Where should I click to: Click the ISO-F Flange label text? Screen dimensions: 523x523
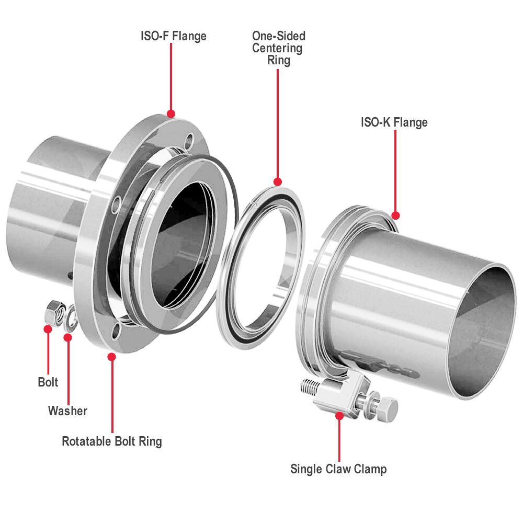click(x=173, y=36)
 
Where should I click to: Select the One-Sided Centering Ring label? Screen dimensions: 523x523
click(x=278, y=48)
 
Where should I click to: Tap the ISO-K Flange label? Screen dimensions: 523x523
click(x=394, y=122)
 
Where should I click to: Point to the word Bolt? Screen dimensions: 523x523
click(x=48, y=382)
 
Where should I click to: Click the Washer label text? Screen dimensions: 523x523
click(x=67, y=411)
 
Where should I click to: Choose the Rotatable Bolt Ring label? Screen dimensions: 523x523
click(x=112, y=441)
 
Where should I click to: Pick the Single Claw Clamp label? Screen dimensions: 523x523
click(x=338, y=469)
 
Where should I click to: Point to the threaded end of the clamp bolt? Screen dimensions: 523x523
click(x=309, y=388)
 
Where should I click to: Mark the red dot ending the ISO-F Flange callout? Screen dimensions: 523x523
click(x=170, y=113)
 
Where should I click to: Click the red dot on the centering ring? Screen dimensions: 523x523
click(x=277, y=182)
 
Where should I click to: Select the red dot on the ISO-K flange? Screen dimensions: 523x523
click(x=395, y=215)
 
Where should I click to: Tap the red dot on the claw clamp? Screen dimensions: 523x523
click(x=339, y=416)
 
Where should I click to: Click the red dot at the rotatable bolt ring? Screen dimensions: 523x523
click(x=111, y=357)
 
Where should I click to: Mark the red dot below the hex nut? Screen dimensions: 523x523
click(x=48, y=329)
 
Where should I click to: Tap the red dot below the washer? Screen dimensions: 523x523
click(x=67, y=337)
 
